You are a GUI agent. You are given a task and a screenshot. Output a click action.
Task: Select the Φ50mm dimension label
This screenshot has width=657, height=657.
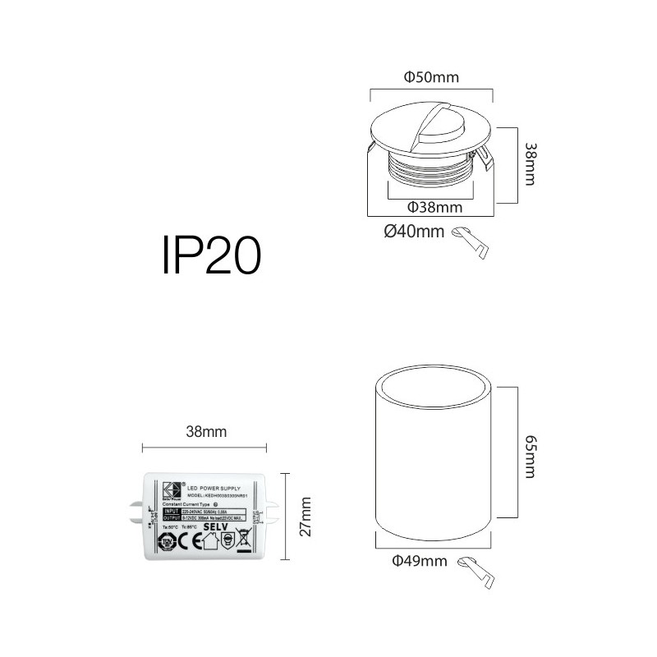point(431,78)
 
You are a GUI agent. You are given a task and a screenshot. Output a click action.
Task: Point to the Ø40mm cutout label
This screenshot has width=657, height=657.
point(414,232)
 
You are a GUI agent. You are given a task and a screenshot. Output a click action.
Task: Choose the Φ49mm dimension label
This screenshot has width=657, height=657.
point(420,562)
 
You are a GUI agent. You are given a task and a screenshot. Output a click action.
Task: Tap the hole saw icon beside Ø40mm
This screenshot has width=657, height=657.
point(471,241)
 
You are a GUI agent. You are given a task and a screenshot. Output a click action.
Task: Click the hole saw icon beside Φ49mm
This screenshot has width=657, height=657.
point(477,571)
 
